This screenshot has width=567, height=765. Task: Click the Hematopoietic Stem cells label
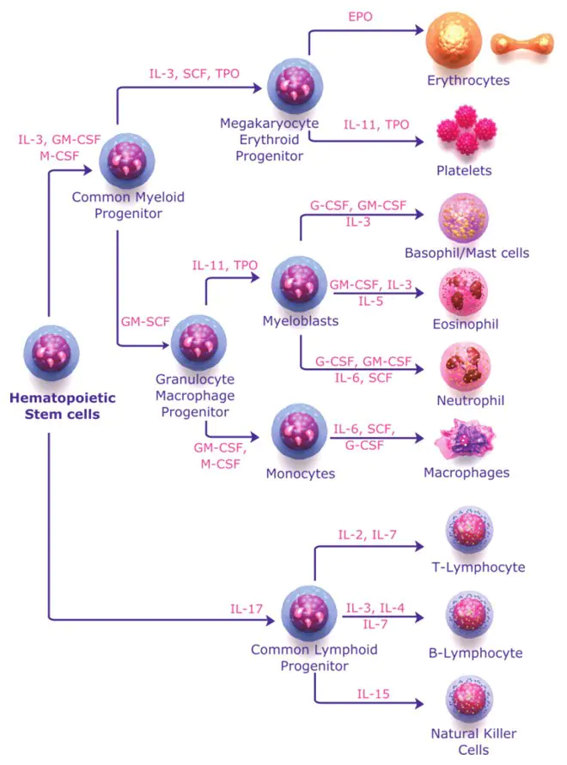coord(63,406)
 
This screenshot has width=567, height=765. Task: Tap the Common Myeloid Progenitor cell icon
coord(127,161)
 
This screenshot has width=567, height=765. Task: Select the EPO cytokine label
coord(361,16)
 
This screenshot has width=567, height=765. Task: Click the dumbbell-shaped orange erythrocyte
coord(522,44)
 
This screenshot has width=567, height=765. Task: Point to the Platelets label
coord(464,170)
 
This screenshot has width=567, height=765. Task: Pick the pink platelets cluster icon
coord(466,130)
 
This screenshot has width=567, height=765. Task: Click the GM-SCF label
coord(145,321)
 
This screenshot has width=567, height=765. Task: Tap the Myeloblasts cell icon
coord(299,284)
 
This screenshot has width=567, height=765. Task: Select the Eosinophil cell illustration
coord(463,292)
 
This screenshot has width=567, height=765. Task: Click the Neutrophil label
coord(470,401)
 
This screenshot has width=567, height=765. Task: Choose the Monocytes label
coord(301,474)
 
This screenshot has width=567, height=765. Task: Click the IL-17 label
coord(247,609)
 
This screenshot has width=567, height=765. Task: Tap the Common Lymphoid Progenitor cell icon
coord(309,614)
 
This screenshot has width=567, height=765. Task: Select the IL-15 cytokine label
coord(373,694)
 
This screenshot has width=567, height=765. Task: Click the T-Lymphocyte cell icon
coord(469,530)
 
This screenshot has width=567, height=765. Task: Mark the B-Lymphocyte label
coord(476,653)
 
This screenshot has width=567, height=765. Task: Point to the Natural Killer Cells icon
coord(469,699)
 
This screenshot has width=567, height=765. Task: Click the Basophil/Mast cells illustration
coord(463,217)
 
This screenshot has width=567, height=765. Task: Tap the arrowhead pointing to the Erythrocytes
coord(419,30)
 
